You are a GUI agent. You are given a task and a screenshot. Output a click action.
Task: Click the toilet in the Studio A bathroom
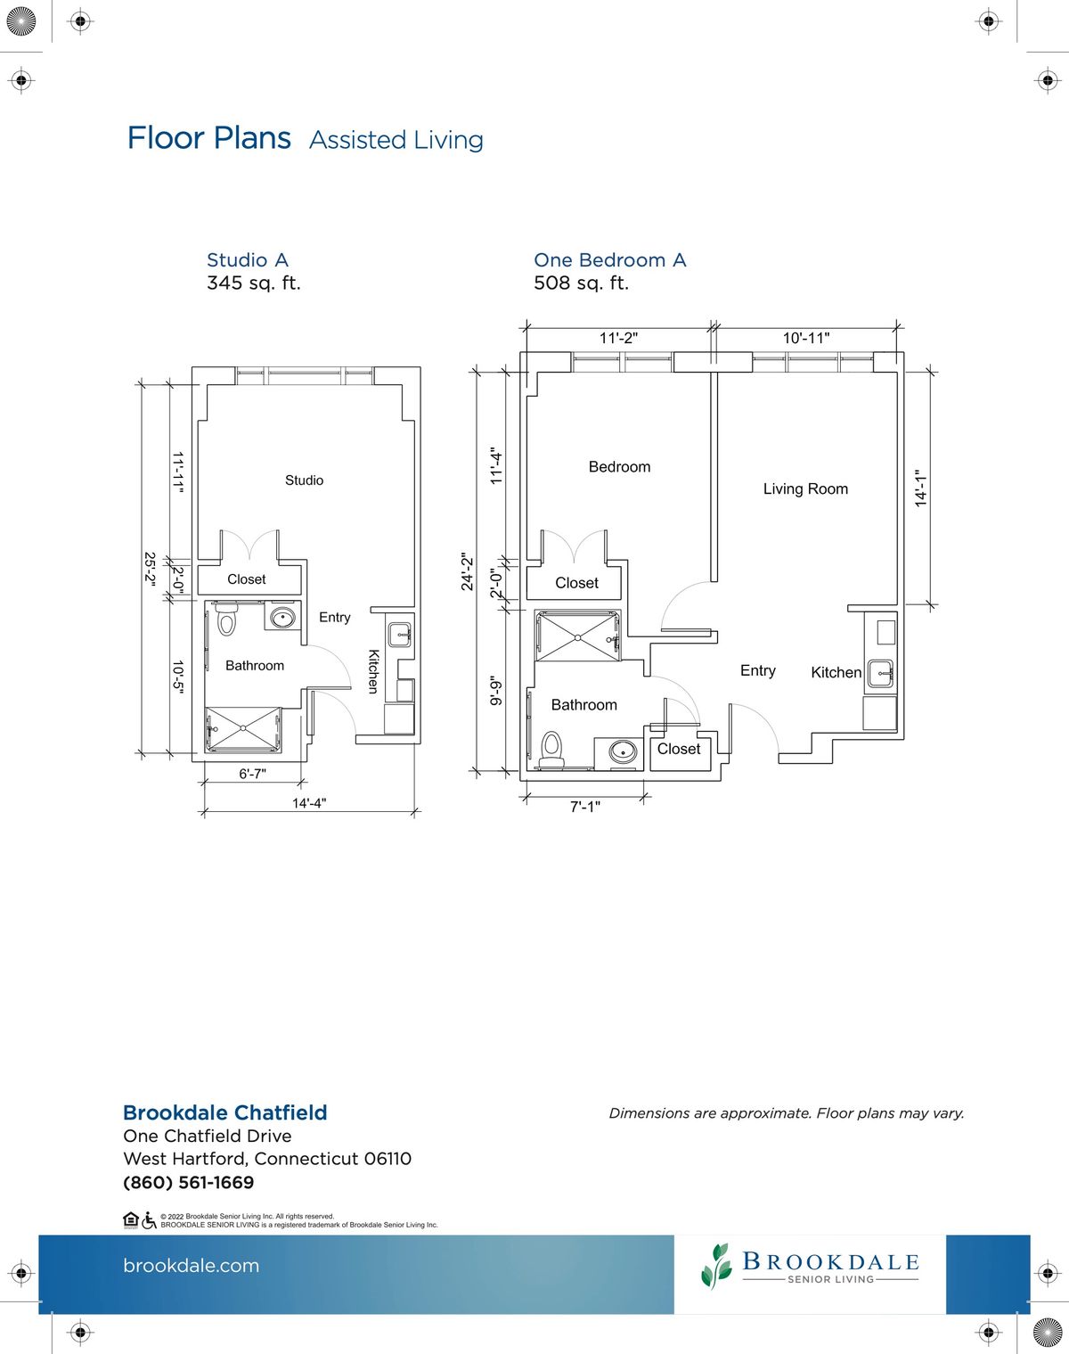(225, 618)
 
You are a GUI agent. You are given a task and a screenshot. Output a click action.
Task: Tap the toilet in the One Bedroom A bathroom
(551, 750)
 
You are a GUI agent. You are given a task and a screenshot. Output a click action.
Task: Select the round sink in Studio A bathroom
(282, 617)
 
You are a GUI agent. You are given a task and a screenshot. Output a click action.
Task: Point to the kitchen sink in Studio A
(399, 635)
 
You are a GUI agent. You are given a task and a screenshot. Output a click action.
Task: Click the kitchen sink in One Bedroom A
(880, 674)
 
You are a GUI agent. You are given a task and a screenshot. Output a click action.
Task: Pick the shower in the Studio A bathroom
(243, 729)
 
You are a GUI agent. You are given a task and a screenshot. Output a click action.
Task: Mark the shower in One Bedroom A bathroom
(577, 636)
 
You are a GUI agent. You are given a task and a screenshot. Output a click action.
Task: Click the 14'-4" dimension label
(309, 803)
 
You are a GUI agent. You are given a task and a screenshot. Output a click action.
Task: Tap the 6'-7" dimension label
(252, 773)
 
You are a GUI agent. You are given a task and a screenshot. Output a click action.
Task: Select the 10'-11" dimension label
(805, 338)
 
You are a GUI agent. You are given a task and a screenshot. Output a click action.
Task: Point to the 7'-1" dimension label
(584, 807)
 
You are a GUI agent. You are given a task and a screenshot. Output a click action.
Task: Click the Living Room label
(805, 488)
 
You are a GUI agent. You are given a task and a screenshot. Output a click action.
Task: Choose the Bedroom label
(619, 467)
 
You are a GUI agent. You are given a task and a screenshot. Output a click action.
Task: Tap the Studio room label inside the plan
(305, 480)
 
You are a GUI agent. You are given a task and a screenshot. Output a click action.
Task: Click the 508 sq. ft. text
(581, 283)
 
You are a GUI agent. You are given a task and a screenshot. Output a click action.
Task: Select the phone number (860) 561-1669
(189, 1182)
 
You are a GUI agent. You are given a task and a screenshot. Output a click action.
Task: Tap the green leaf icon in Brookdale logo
(716, 1266)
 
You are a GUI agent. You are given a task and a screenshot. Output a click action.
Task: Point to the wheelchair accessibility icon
(149, 1220)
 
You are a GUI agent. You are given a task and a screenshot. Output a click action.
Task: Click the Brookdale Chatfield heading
(225, 1112)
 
